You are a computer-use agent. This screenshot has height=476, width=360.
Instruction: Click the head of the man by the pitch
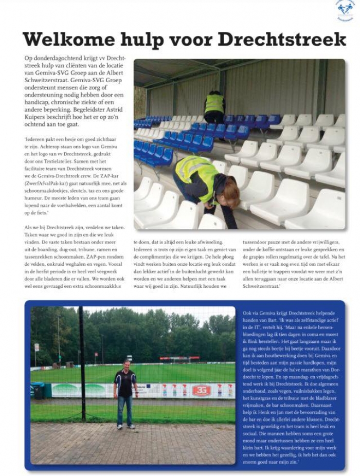tap(126, 364)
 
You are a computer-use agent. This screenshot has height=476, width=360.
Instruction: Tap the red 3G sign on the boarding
tap(201, 391)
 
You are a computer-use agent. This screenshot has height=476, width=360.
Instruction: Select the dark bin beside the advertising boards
tap(38, 392)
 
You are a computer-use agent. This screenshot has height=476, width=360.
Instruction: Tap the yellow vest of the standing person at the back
tap(214, 103)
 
